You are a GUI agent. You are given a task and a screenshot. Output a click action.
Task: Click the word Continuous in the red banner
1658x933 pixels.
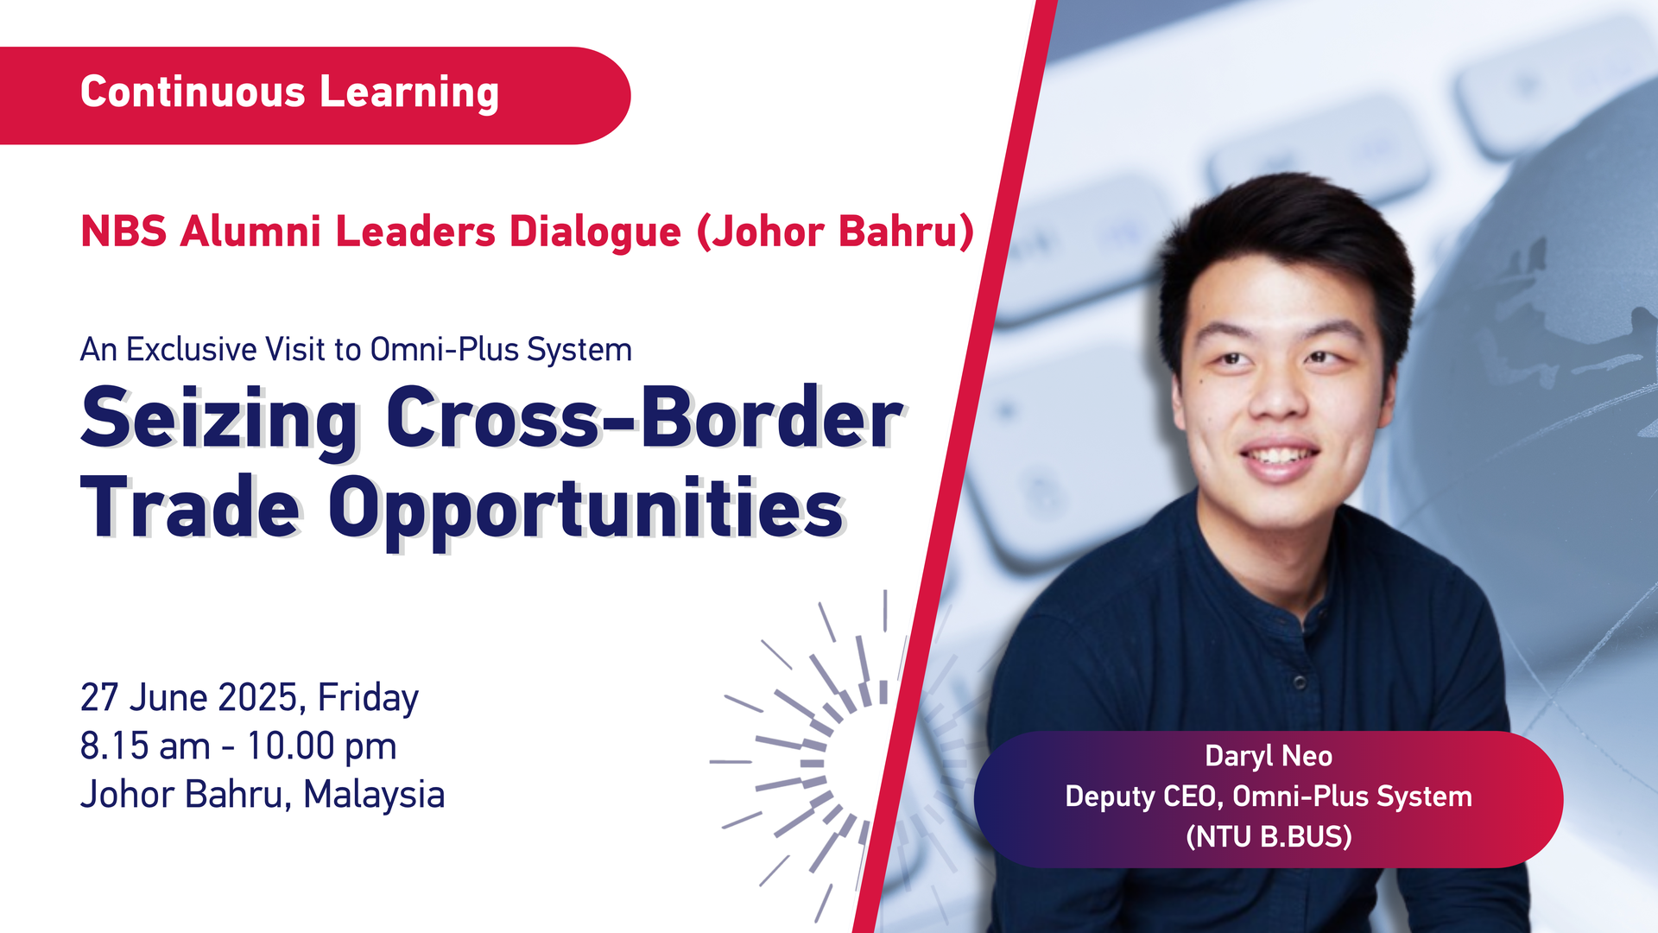pyautogui.click(x=193, y=92)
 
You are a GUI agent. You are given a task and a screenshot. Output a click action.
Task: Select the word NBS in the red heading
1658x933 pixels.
pyautogui.click(x=123, y=232)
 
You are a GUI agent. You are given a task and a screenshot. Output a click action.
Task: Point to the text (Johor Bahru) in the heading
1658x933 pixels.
pyautogui.click(x=836, y=232)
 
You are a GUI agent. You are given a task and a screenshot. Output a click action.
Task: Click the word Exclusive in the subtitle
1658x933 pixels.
pyautogui.click(x=192, y=350)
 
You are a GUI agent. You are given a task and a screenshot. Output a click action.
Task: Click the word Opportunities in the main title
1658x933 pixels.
pyautogui.click(x=585, y=511)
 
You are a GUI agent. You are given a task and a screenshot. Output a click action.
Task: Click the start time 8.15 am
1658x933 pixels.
pyautogui.click(x=145, y=746)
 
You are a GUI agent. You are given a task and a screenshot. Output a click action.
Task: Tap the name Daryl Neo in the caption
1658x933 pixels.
pyautogui.click(x=1269, y=757)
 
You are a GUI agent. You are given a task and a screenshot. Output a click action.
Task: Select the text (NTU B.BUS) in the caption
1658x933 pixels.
pyautogui.click(x=1269, y=836)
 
